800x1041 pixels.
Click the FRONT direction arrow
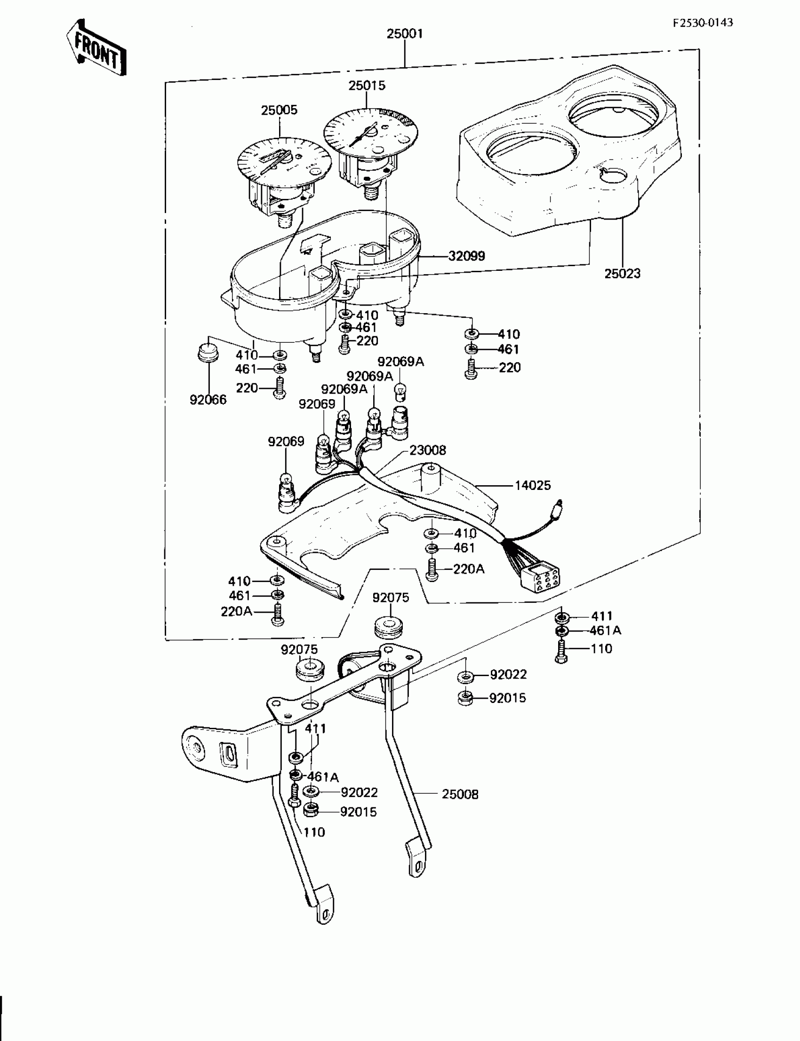click(96, 47)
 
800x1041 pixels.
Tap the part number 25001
click(404, 34)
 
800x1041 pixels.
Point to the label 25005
click(279, 110)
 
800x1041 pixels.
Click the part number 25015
click(367, 86)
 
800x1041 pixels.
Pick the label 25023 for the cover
click(623, 274)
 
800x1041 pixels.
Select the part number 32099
click(467, 256)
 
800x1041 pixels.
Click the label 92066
click(208, 400)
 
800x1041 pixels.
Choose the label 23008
click(428, 450)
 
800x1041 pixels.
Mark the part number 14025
click(532, 485)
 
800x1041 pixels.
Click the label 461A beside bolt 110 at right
click(605, 631)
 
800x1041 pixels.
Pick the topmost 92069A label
click(401, 362)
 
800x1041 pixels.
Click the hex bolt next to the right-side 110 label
click(561, 650)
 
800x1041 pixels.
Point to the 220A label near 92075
click(236, 611)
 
